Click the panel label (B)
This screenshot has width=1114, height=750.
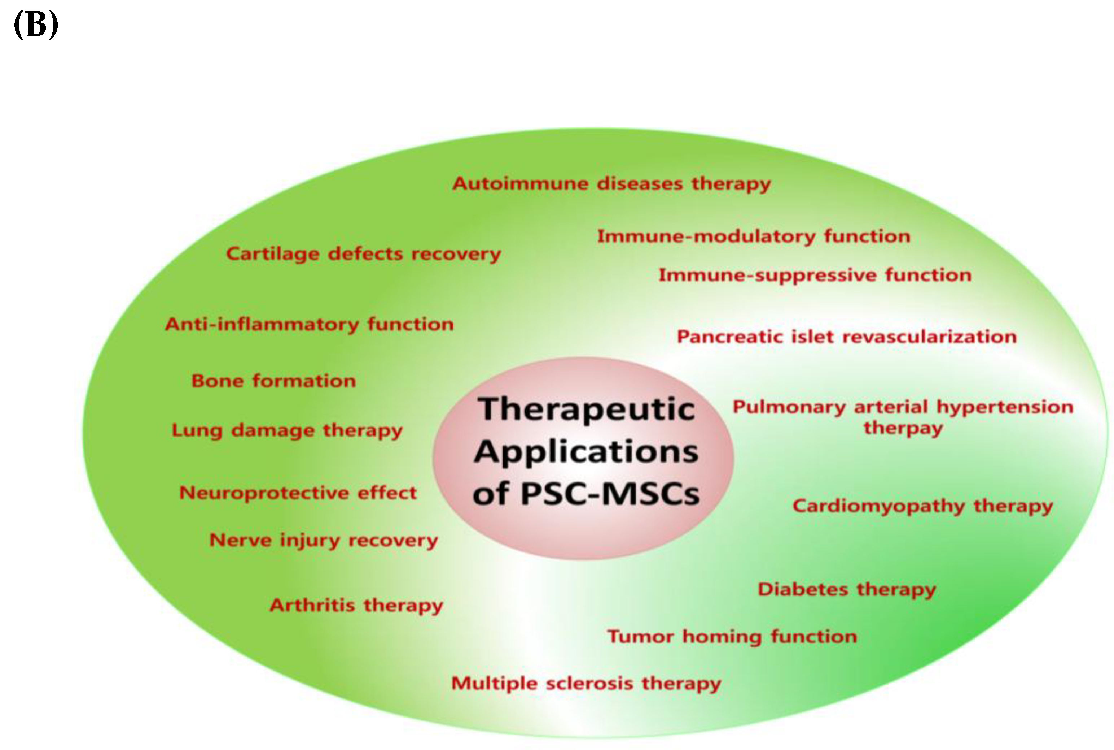36,25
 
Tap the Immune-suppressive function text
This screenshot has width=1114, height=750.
815,276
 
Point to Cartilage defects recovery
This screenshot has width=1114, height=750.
363,254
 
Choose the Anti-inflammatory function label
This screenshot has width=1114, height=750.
309,325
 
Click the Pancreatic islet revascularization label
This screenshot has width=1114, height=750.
846,337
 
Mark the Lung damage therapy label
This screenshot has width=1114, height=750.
287,430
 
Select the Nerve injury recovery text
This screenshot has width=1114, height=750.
324,541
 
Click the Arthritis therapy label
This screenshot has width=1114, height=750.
356,606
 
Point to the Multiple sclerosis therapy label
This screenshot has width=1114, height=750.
586,684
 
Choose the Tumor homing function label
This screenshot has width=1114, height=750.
732,637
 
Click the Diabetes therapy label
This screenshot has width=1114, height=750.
846,590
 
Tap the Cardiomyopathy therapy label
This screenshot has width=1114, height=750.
922,506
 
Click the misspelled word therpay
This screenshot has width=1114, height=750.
903,428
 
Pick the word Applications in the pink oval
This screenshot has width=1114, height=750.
586,452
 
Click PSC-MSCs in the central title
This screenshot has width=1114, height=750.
610,494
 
